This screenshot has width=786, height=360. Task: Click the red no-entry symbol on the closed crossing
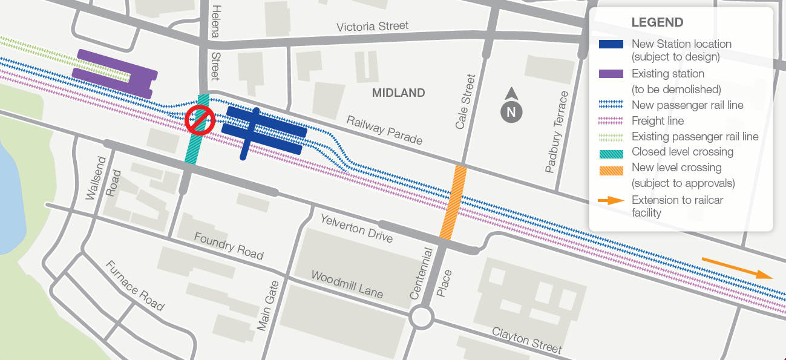tap(199, 119)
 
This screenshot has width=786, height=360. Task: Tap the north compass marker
tap(511, 110)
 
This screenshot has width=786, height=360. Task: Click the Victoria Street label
tap(372, 27)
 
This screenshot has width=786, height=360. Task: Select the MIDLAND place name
tap(398, 93)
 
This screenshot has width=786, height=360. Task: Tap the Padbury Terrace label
tap(557, 132)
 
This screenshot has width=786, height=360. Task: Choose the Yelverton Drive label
tap(356, 228)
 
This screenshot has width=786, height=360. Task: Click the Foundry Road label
tap(229, 246)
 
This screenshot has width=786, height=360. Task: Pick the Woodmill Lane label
tap(347, 284)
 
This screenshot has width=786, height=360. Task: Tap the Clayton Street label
tap(526, 340)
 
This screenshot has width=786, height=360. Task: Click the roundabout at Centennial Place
tap(421, 317)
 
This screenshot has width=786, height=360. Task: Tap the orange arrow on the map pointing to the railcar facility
tap(737, 267)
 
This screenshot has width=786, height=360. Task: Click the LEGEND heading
tap(657, 22)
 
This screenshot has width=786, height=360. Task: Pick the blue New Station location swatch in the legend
tap(611, 44)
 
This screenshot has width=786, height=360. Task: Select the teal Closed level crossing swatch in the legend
tap(611, 152)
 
